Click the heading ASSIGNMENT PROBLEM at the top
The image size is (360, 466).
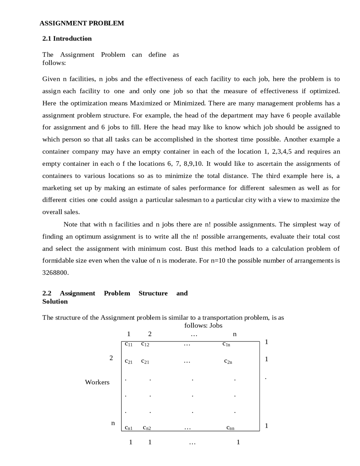[82, 23]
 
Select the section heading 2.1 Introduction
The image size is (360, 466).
[67, 39]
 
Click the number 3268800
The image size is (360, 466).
[55, 273]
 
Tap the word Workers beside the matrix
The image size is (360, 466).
[97, 382]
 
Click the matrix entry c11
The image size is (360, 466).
[129, 344]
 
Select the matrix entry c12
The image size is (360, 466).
[145, 344]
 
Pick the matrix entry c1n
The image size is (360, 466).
[226, 344]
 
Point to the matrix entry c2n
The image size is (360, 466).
[228, 361]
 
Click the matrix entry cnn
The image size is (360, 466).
[230, 428]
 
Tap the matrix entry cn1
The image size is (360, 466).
[129, 428]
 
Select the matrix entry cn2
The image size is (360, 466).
[147, 428]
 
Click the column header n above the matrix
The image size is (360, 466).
[235, 334]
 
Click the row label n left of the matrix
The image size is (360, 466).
[113, 423]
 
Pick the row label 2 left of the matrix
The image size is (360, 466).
[111, 358]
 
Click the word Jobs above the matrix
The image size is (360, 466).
[216, 326]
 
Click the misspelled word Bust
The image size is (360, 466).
[192, 249]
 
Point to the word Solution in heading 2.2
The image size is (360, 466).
[55, 301]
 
